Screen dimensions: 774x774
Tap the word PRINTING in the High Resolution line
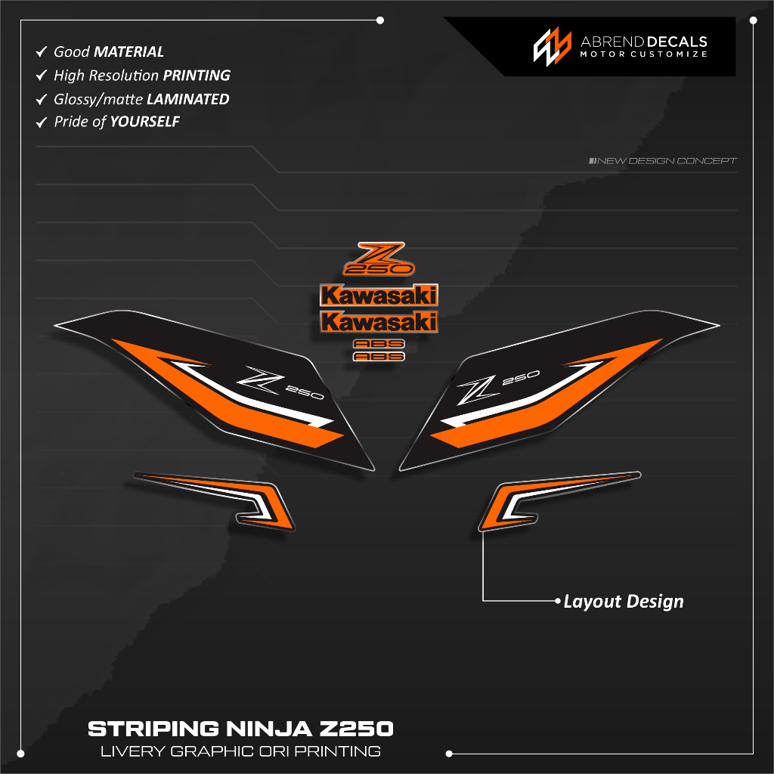[x=197, y=76]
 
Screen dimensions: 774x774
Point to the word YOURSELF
[x=145, y=122]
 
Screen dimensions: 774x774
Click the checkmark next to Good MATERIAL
[x=42, y=52]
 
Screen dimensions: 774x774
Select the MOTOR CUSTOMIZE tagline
[x=643, y=55]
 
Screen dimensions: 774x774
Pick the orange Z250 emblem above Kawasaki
[x=379, y=259]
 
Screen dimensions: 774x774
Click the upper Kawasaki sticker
[x=379, y=296]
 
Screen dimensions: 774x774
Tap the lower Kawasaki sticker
[x=379, y=322]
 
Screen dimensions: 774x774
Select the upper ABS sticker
[x=379, y=344]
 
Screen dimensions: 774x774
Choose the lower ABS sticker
[x=379, y=356]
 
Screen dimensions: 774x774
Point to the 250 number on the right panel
[x=520, y=377]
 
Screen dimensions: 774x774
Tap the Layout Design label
[x=624, y=602]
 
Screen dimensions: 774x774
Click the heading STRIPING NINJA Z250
[x=240, y=729]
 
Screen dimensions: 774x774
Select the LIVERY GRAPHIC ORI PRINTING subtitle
[x=240, y=751]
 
